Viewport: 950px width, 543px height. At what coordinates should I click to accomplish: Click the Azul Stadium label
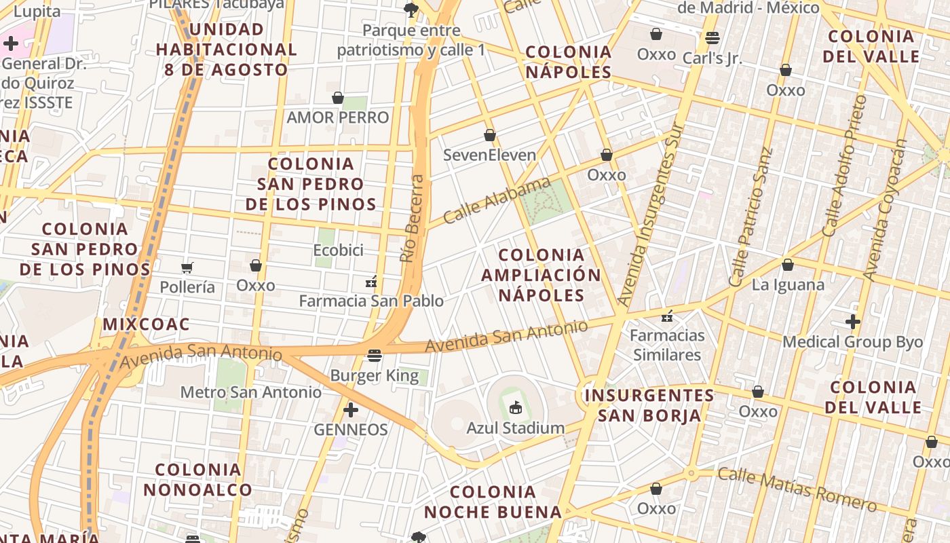[x=515, y=428]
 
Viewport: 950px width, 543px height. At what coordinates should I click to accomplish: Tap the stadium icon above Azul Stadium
[x=516, y=407]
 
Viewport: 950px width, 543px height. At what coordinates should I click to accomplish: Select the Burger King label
[x=374, y=375]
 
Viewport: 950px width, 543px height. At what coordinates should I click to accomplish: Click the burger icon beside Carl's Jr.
[x=712, y=37]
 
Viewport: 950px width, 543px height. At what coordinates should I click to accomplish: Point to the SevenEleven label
[x=489, y=155]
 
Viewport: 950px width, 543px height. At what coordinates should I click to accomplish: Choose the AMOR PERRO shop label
[x=338, y=117]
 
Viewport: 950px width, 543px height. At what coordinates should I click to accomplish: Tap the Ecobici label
[x=338, y=250]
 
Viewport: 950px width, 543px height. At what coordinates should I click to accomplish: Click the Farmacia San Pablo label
[x=371, y=301]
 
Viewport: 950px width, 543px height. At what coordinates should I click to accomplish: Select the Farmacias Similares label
[x=667, y=345]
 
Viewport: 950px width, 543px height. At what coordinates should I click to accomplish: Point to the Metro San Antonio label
[x=251, y=392]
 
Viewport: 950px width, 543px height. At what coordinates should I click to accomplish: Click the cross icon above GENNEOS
[x=351, y=410]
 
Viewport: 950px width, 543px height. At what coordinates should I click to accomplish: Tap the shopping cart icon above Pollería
[x=187, y=267]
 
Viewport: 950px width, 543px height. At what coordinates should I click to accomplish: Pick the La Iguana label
[x=788, y=284]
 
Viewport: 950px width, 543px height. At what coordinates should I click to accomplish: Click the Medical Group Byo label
[x=853, y=341]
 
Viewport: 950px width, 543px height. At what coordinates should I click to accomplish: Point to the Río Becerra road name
[x=412, y=219]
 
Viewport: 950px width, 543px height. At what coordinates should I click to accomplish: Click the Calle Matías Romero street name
[x=797, y=489]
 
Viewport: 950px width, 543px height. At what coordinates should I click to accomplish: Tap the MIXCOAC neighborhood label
[x=146, y=324]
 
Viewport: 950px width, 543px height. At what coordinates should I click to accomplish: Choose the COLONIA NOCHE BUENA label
[x=493, y=502]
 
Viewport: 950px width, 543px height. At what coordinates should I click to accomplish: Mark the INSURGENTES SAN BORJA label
[x=649, y=405]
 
